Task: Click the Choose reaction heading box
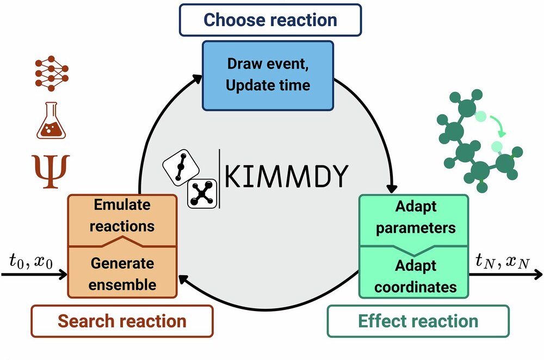pos(270,20)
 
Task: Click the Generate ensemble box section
pos(122,274)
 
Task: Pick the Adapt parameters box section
pos(415,218)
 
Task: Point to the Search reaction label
pos(122,321)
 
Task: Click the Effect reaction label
pos(417,321)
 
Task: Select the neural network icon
pos(51,73)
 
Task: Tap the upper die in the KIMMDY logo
pos(180,166)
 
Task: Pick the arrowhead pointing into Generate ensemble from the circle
pos(184,281)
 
